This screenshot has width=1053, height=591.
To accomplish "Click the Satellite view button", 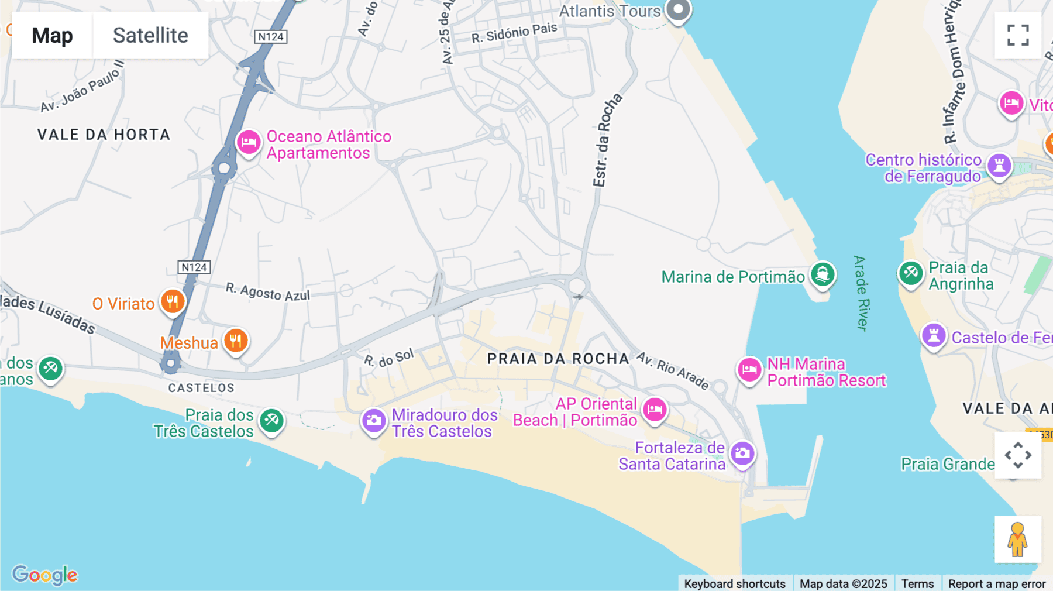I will click(150, 35).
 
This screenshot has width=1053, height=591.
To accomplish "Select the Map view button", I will click(52, 35).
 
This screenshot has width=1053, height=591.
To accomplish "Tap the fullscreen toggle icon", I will click(1018, 35).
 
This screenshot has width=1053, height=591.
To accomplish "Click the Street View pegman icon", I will click(1017, 540).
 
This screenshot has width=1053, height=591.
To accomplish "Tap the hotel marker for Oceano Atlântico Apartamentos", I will click(249, 142).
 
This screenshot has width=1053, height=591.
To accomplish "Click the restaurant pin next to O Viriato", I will click(173, 302).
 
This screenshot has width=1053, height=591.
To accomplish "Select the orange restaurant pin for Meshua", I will click(236, 340).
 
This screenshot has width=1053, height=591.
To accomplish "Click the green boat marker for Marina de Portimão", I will click(823, 274).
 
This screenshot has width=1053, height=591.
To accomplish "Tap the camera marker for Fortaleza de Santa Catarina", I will click(742, 453).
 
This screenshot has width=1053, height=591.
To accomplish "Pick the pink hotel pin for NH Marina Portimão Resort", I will click(749, 370).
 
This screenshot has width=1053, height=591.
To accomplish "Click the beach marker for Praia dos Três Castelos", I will click(271, 420).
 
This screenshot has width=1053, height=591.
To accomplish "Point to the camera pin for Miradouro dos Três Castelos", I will click(374, 421).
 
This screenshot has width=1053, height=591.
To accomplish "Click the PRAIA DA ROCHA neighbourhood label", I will click(558, 359).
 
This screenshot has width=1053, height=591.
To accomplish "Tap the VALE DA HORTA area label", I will click(104, 135).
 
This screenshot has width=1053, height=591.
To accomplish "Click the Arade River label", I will click(861, 293).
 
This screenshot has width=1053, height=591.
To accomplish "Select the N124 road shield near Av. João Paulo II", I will click(271, 37).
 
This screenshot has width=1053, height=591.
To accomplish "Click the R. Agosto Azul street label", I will click(268, 291).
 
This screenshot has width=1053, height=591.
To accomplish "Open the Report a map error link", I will click(997, 583).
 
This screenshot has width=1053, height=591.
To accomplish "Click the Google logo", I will click(45, 575).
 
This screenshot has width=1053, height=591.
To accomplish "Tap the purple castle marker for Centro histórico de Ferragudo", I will click(999, 166).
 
